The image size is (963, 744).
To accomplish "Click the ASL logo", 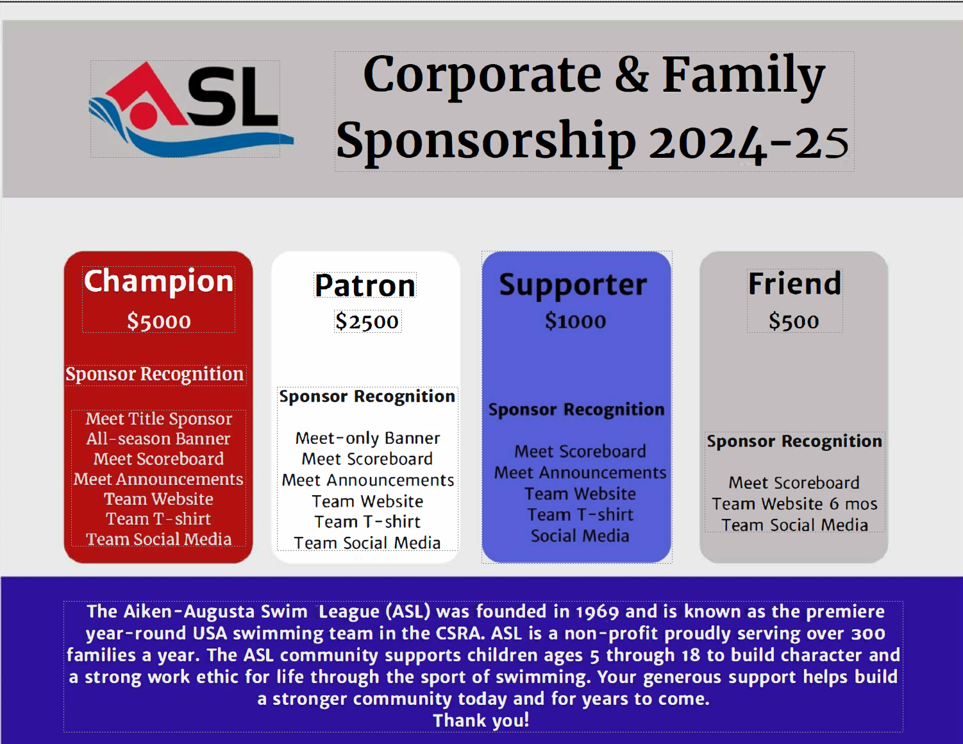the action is point(190,110).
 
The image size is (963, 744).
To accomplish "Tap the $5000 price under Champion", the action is point(158,321).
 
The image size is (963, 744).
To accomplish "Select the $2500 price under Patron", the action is point(367,321).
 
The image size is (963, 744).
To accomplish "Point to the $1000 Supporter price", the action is point(575,321).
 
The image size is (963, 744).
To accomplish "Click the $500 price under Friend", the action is point(794,321).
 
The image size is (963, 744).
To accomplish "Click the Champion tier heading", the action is point(158,281).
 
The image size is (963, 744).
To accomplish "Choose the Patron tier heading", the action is point(365,285).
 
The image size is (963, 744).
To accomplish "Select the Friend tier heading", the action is point(794,283).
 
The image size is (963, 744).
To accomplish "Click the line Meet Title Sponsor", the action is point(158,419).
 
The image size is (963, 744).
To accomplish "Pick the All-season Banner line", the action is point(158,439).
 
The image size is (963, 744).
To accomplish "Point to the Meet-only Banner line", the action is point(368,438).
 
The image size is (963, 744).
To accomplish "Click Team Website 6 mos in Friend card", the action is point(794,504).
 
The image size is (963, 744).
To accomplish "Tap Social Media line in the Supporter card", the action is point(580,536).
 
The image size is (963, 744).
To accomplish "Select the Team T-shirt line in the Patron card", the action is point(367,522).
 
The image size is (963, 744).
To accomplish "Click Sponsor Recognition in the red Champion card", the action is point(155,375).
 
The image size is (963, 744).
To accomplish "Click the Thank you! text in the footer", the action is point(481,720).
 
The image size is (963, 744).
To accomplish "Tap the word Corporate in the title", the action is point(482,75).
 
